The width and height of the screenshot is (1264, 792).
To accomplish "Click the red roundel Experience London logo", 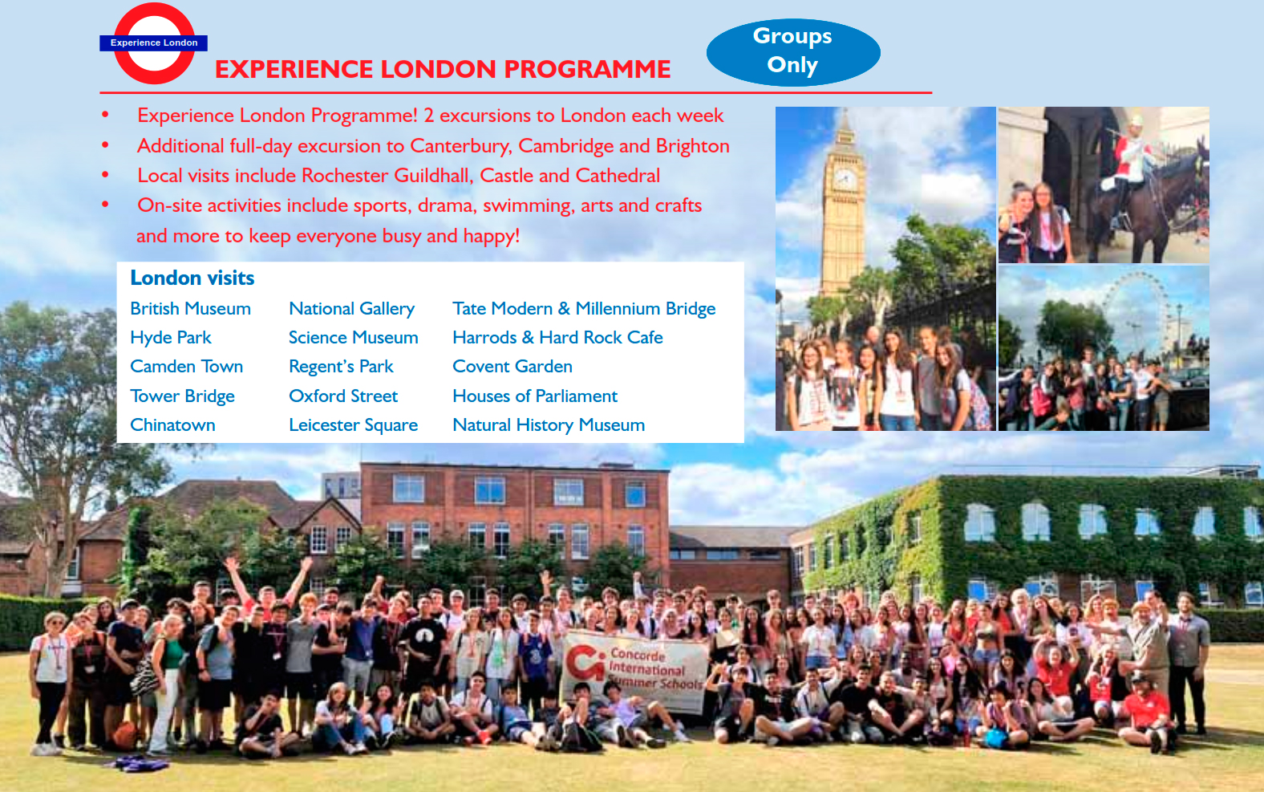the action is click(x=153, y=43).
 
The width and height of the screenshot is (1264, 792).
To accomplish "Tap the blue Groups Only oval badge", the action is click(x=793, y=52).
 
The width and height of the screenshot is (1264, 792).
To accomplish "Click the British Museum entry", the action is click(x=190, y=308).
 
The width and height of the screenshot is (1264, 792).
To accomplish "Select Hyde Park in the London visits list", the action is click(x=170, y=338).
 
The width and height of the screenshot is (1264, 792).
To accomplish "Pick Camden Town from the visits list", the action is click(x=186, y=367).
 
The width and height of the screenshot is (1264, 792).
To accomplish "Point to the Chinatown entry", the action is click(x=172, y=424).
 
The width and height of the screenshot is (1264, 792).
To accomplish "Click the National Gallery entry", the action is click(x=351, y=309).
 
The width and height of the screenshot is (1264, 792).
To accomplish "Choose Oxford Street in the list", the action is click(x=343, y=396).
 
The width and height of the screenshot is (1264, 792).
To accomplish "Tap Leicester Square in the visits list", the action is click(x=353, y=425).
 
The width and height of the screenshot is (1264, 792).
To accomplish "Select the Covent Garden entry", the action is click(x=512, y=367).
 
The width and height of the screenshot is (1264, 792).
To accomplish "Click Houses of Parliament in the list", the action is click(x=535, y=396).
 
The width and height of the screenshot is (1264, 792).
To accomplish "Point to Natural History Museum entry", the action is click(x=549, y=425).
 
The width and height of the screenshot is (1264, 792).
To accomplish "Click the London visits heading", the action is click(x=192, y=278).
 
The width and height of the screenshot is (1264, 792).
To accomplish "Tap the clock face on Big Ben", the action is click(x=845, y=180).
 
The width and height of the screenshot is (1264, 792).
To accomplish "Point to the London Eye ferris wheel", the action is click(x=1134, y=316).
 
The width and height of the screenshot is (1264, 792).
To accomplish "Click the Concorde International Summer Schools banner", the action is click(x=635, y=670).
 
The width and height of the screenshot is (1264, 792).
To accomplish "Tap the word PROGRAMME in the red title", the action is click(x=587, y=69).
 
